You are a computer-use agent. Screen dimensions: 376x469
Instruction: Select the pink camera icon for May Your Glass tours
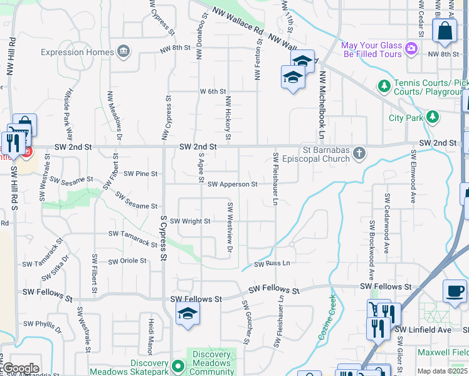click(x=411, y=48)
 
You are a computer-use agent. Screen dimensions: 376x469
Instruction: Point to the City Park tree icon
click(x=431, y=117)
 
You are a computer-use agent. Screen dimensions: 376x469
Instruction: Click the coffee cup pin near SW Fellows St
click(x=454, y=290)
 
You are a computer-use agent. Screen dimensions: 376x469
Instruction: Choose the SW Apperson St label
click(x=233, y=184)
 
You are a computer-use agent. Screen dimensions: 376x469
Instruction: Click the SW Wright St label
click(x=190, y=221)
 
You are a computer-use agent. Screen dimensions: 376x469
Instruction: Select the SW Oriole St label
click(x=127, y=261)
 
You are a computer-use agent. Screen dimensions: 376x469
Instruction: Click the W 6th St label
click(x=213, y=91)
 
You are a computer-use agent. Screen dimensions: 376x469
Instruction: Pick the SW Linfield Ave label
click(x=431, y=330)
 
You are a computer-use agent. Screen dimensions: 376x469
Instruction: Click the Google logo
click(x=21, y=368)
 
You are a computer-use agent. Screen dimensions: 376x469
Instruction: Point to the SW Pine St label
click(x=140, y=174)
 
